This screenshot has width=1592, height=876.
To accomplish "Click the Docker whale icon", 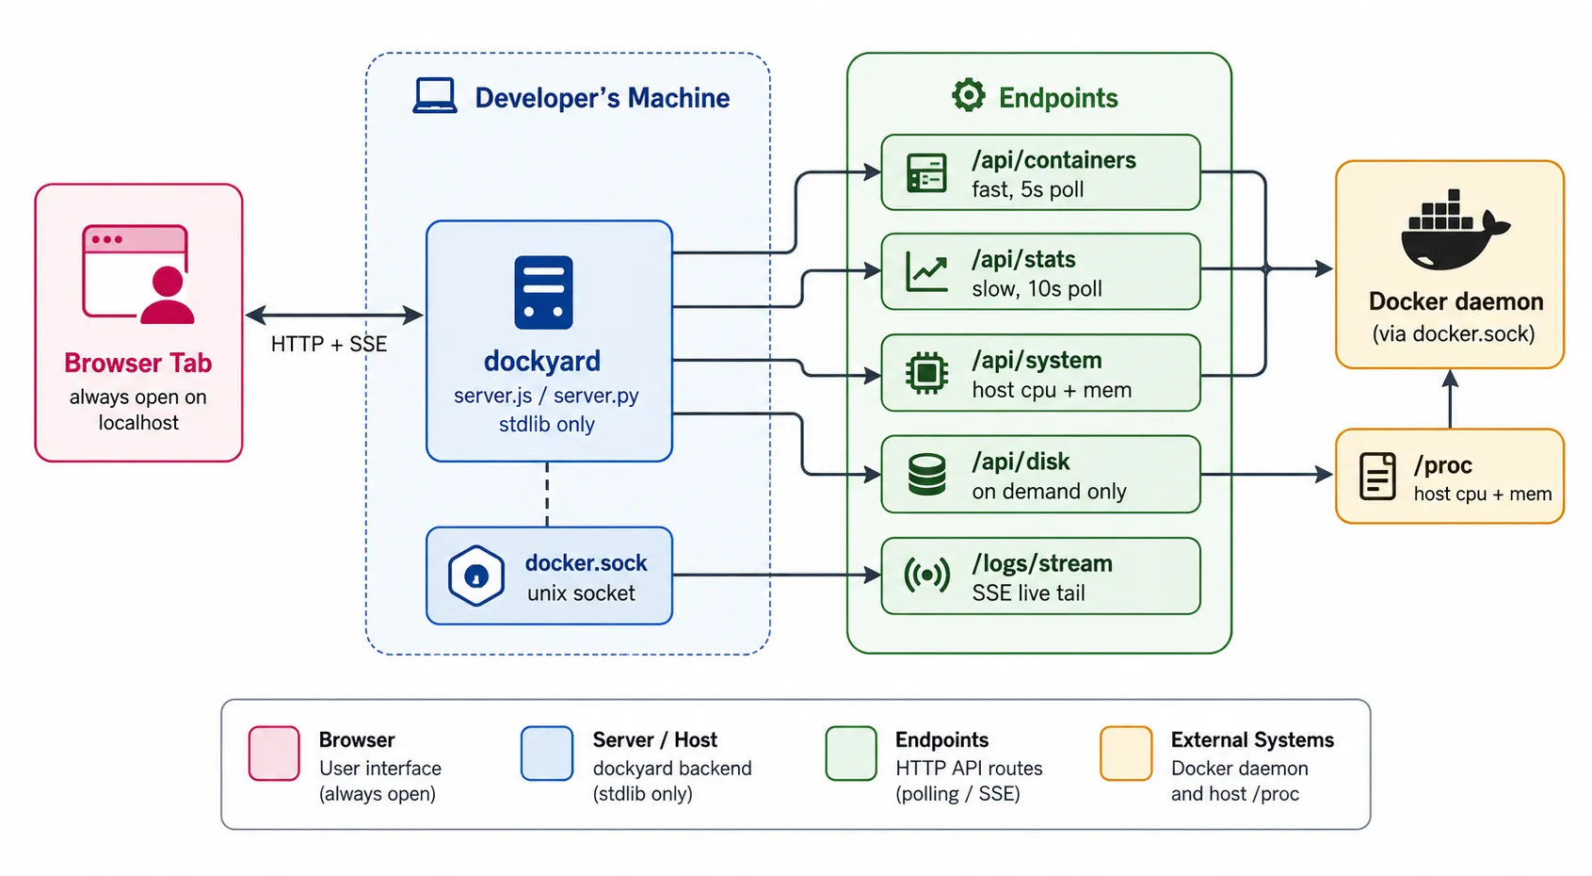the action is point(1455,230).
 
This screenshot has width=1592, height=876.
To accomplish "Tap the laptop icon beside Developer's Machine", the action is point(435,96).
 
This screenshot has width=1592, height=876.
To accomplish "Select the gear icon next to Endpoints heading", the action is point(969,95).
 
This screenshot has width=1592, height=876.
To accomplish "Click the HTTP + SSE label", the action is point(330,344).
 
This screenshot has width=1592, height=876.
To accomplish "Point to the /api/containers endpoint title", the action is point(1054,160).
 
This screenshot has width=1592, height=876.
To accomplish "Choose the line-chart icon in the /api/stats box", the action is point(926,271).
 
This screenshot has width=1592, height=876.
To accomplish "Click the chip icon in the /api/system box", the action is point(926,373).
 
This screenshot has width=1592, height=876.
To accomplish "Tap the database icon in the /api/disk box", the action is point(926,474).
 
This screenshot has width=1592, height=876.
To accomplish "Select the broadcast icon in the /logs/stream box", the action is point(926,575).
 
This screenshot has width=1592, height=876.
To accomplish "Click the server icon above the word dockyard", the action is point(544,292).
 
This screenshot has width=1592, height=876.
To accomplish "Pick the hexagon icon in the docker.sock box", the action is point(476,576).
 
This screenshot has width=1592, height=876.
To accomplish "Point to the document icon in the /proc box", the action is point(1377,477).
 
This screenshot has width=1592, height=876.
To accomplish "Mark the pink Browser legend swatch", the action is point(274,753).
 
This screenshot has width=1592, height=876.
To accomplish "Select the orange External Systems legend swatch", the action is point(1126,753).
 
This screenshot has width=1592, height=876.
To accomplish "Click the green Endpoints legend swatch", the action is point(851,753).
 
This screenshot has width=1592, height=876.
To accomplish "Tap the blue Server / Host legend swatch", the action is point(547,753).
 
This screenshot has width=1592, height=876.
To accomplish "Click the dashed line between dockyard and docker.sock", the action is point(547,495).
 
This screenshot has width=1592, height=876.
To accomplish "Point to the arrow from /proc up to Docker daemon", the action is point(1450,398).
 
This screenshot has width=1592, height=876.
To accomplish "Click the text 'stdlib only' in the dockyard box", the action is point(547,425).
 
